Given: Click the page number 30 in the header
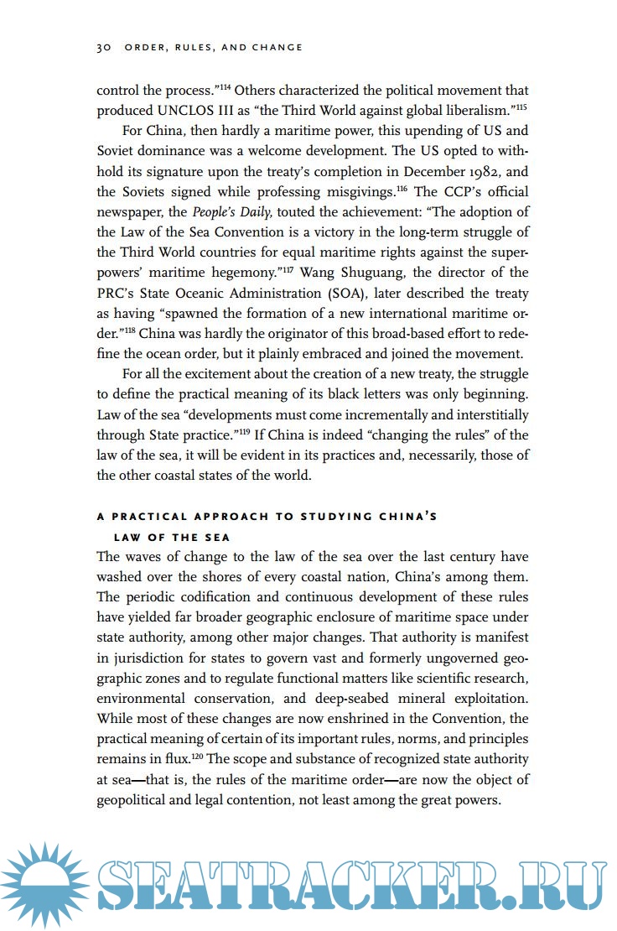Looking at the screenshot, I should click(x=104, y=48).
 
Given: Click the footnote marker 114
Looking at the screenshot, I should click(x=226, y=86).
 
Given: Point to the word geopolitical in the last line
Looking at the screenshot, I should click(x=137, y=799).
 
